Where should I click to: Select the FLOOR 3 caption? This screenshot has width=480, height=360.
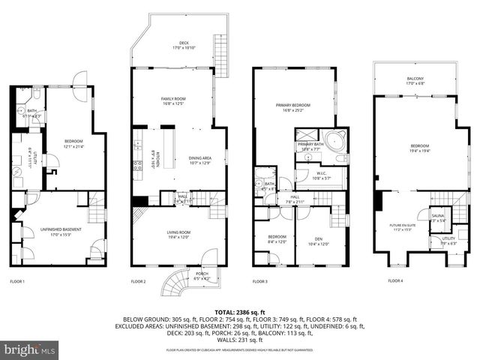pos(259,281)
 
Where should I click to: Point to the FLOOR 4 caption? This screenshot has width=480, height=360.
pos(395,281)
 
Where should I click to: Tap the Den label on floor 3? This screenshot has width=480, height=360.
pos(319,240)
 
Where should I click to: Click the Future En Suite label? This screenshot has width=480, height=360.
pos(401,226)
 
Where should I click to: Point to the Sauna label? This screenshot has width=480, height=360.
pos(438,217)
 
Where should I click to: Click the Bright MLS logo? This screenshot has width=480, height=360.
pos(30,349)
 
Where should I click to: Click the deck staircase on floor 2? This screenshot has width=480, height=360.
pos(220,54)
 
